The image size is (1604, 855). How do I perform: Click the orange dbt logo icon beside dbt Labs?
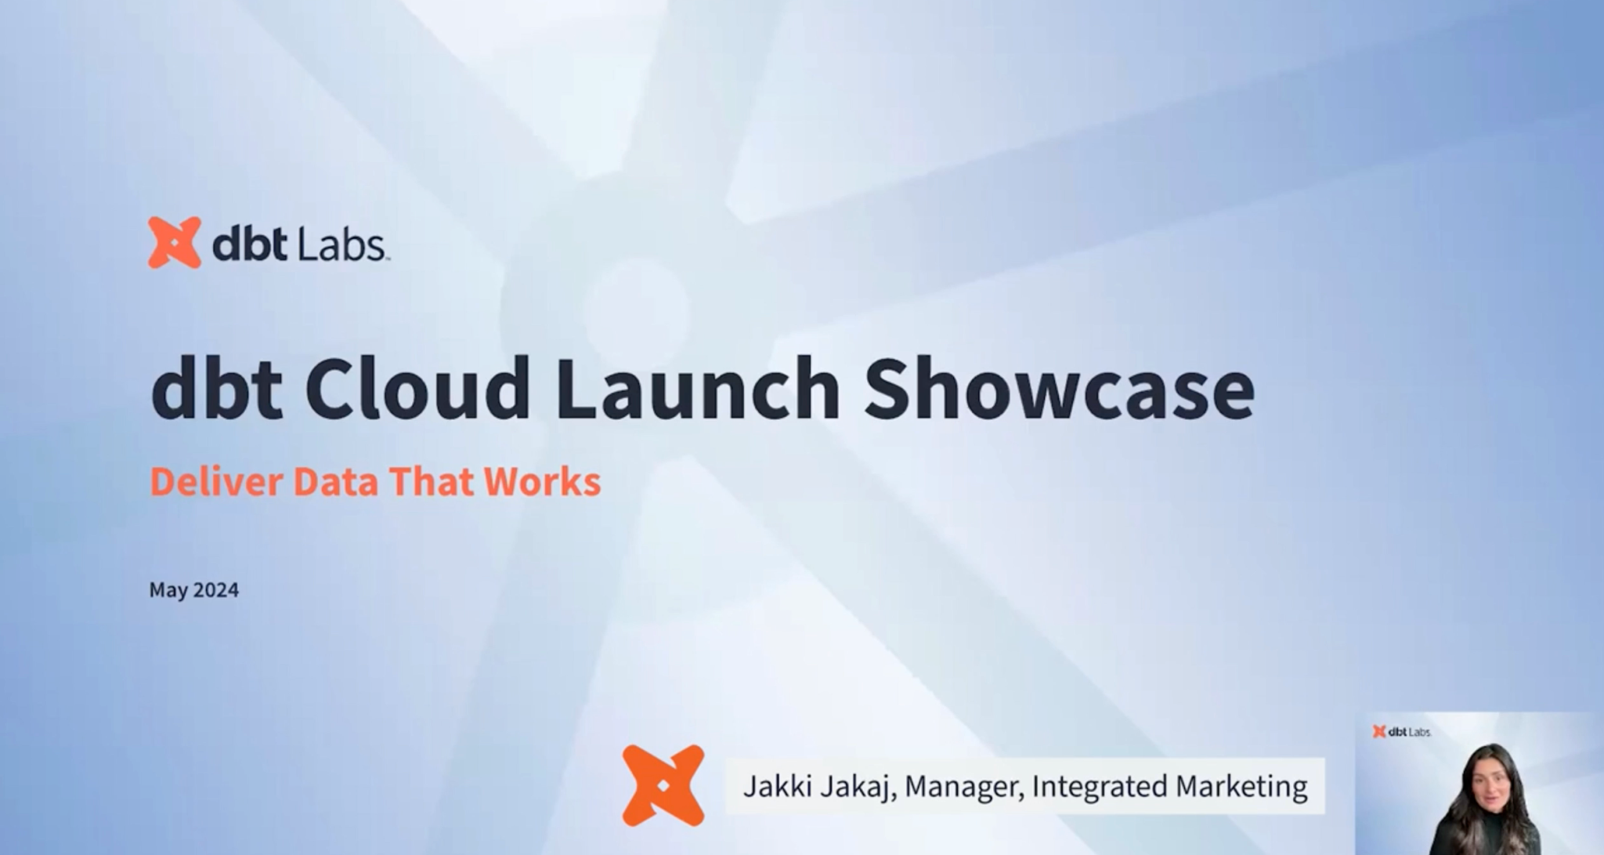[x=174, y=243]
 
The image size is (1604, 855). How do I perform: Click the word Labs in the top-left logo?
[x=341, y=245]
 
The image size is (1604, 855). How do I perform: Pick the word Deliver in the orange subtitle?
[x=215, y=481]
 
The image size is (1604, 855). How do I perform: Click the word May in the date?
[x=168, y=590]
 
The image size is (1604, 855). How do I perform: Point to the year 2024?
[x=215, y=589]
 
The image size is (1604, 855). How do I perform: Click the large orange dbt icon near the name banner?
[x=663, y=785]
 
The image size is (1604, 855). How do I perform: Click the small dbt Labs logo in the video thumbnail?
[x=1402, y=731]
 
